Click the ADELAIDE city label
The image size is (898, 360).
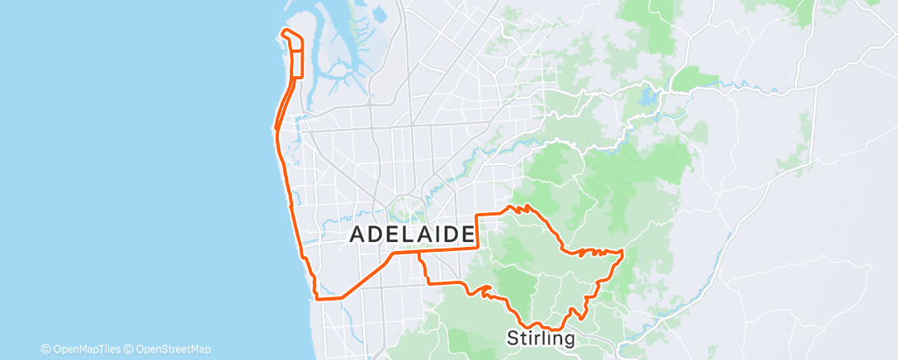click(414, 234)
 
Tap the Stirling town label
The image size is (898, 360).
click(540, 339)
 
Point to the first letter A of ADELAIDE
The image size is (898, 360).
click(358, 234)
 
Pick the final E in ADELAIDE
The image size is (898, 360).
click(468, 234)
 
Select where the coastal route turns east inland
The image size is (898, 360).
click(317, 297)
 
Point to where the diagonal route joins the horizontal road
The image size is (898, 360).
click(392, 253)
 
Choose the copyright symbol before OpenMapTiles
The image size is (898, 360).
click(45, 349)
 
